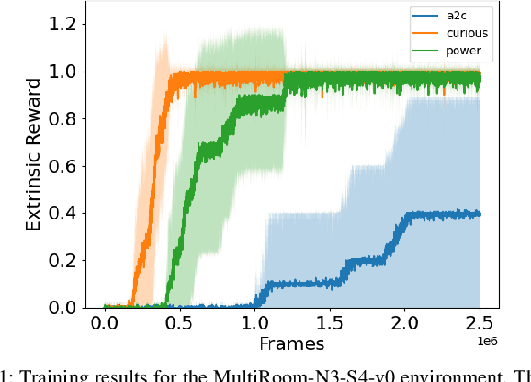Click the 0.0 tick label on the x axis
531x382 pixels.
coord(106,324)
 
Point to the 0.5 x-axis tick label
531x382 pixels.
coord(181,324)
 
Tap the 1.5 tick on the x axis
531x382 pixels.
coord(331,324)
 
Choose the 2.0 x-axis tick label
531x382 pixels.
coord(405,324)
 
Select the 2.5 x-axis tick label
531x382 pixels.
coord(480,324)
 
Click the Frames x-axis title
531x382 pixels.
coord(292,344)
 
